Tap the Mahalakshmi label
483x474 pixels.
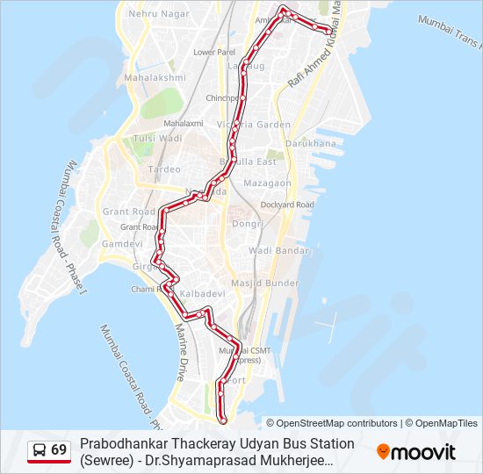[x=155, y=77]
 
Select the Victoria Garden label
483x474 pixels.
[x=260, y=125]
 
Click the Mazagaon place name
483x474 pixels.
[x=267, y=183]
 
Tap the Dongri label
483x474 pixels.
[x=247, y=224]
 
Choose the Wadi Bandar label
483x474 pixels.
[x=278, y=251]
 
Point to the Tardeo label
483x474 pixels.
[x=164, y=169]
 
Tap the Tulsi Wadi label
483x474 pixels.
[x=158, y=139]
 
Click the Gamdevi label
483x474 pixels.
[x=121, y=243]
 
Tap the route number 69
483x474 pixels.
[x=59, y=450]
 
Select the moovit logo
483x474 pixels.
[x=416, y=452]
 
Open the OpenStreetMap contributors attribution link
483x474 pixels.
[x=337, y=423]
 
